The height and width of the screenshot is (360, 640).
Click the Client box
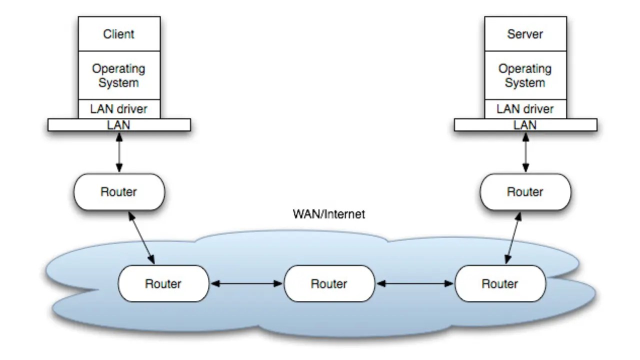[119, 34]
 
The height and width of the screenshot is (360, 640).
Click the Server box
[524, 34]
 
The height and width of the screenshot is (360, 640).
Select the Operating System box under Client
[119, 75]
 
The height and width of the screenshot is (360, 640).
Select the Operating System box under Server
[524, 75]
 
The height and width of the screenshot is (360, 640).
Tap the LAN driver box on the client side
[119, 108]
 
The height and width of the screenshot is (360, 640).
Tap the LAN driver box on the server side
[524, 108]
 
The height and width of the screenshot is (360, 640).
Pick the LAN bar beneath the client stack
[119, 125]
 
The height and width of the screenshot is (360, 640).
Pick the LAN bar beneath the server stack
[525, 125]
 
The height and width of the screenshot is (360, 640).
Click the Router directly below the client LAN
[119, 192]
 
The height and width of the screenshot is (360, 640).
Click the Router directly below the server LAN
[524, 192]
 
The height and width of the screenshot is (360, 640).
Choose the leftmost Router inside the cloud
[163, 283]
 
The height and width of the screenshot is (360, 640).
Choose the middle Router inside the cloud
[329, 283]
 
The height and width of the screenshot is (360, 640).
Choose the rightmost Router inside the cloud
[500, 283]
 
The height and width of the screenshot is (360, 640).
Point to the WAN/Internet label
[328, 215]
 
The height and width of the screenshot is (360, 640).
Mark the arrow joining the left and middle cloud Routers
[246, 283]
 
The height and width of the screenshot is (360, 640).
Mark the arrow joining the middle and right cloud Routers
[414, 283]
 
